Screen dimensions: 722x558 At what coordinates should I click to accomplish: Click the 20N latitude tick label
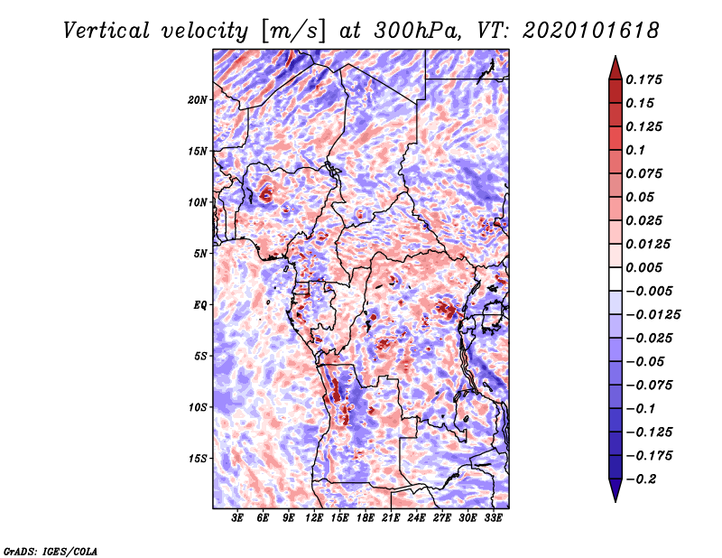pyautogui.click(x=198, y=100)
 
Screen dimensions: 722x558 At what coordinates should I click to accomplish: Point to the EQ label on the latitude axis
pyautogui.click(x=199, y=305)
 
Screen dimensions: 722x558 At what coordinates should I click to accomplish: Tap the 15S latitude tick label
pyautogui.click(x=198, y=459)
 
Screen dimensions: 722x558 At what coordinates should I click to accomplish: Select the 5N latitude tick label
pyautogui.click(x=200, y=254)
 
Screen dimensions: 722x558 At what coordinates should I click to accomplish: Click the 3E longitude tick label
pyautogui.click(x=237, y=517)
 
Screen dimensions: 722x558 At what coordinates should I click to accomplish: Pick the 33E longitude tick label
pyautogui.click(x=493, y=517)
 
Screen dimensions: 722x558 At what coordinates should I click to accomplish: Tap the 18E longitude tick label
pyautogui.click(x=366, y=517)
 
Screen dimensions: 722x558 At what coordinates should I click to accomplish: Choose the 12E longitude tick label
pyautogui.click(x=314, y=517)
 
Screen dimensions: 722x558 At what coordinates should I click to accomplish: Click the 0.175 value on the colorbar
pyautogui.click(x=643, y=79)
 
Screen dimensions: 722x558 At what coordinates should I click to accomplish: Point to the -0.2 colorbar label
pyautogui.click(x=641, y=479)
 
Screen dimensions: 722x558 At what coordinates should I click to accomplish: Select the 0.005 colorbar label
pyautogui.click(x=643, y=267)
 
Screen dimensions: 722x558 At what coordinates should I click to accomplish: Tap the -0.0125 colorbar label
pyautogui.click(x=653, y=315)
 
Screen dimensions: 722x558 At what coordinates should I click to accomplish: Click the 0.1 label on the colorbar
pyautogui.click(x=635, y=150)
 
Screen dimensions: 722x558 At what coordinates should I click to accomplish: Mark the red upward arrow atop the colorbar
pyautogui.click(x=616, y=68)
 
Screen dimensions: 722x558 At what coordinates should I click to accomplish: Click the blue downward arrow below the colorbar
pyautogui.click(x=616, y=490)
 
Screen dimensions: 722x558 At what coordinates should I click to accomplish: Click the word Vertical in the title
pyautogui.click(x=106, y=31)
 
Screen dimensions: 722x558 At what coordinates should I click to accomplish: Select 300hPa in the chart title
pyautogui.click(x=418, y=31)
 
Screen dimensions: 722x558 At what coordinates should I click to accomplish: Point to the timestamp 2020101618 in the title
pyautogui.click(x=591, y=31)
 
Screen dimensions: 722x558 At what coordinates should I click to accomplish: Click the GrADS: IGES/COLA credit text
pyautogui.click(x=51, y=551)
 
